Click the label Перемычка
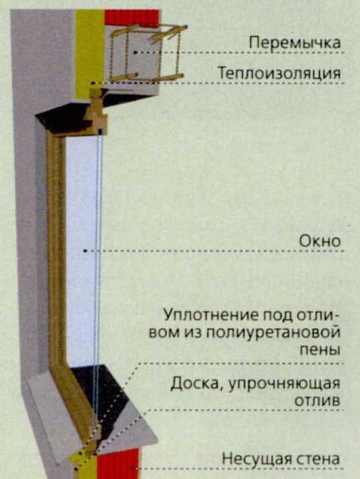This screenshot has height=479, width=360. click(x=294, y=43)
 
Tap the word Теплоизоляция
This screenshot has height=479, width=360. click(x=279, y=74)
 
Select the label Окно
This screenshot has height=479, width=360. click(x=320, y=242)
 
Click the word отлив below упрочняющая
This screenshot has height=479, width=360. click(x=317, y=401)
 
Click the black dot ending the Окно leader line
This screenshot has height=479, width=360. click(x=85, y=251)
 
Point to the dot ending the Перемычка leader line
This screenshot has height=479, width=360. click(x=135, y=53)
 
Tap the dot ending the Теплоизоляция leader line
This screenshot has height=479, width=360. click(x=92, y=83)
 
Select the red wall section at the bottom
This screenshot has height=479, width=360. click(x=118, y=463)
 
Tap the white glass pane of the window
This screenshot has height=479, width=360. click(x=81, y=250)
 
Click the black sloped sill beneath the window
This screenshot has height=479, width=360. click(x=104, y=397)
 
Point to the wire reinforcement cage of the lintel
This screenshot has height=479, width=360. click(x=147, y=53)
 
